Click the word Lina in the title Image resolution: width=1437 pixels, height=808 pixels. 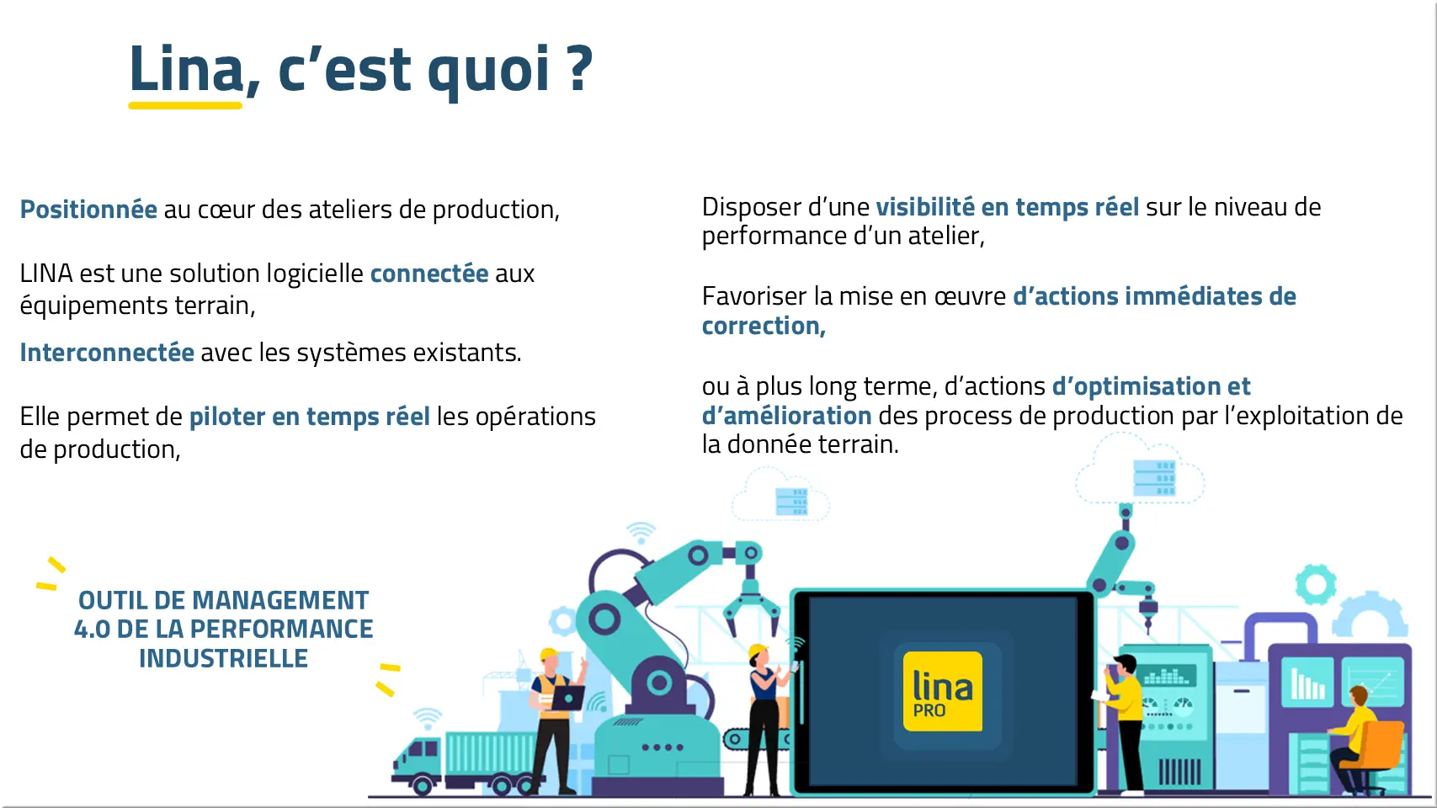(x=186, y=68)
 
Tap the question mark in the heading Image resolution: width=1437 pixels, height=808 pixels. (x=580, y=68)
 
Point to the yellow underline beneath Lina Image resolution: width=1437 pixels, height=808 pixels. (x=185, y=105)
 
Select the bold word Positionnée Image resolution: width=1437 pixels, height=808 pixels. (x=88, y=209)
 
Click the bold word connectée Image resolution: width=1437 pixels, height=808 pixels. (x=429, y=274)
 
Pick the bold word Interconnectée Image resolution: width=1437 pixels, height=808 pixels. (x=107, y=352)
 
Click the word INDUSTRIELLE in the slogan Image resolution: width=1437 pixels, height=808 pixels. (x=223, y=658)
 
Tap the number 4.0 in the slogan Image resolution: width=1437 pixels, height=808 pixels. (x=92, y=629)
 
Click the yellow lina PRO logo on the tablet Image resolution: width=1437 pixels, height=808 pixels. (x=942, y=691)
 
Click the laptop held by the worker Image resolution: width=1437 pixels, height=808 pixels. (x=567, y=697)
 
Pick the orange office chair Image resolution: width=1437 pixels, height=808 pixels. (x=1373, y=753)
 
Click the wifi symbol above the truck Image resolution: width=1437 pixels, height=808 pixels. (x=428, y=718)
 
